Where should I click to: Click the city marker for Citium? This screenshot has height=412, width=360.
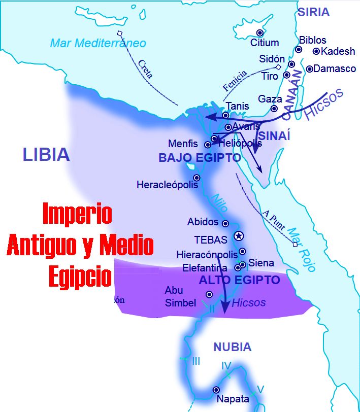click(260, 32)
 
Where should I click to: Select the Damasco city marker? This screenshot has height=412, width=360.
click(309, 68)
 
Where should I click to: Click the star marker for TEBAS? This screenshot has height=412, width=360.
click(238, 236)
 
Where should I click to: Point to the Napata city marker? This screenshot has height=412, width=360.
click(216, 390)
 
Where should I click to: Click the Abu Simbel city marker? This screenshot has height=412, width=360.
click(209, 294)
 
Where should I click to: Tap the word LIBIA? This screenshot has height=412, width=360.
click(46, 154)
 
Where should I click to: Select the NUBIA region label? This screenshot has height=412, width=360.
click(232, 347)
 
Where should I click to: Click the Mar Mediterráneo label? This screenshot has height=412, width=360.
click(98, 43)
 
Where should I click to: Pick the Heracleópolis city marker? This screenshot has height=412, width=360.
click(197, 178)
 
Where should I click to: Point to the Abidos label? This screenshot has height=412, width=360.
click(203, 222)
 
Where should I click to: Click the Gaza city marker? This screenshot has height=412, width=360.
click(274, 108)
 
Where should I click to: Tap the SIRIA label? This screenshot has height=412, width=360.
click(313, 12)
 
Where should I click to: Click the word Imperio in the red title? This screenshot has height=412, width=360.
click(77, 214)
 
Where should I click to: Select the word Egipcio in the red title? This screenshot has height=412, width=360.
click(80, 277)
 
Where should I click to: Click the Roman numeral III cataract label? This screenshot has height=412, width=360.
click(196, 361)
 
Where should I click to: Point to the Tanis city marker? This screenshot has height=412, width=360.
click(225, 116)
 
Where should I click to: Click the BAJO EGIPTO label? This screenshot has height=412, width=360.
click(200, 158)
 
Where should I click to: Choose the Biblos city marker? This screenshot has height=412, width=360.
click(299, 49)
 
